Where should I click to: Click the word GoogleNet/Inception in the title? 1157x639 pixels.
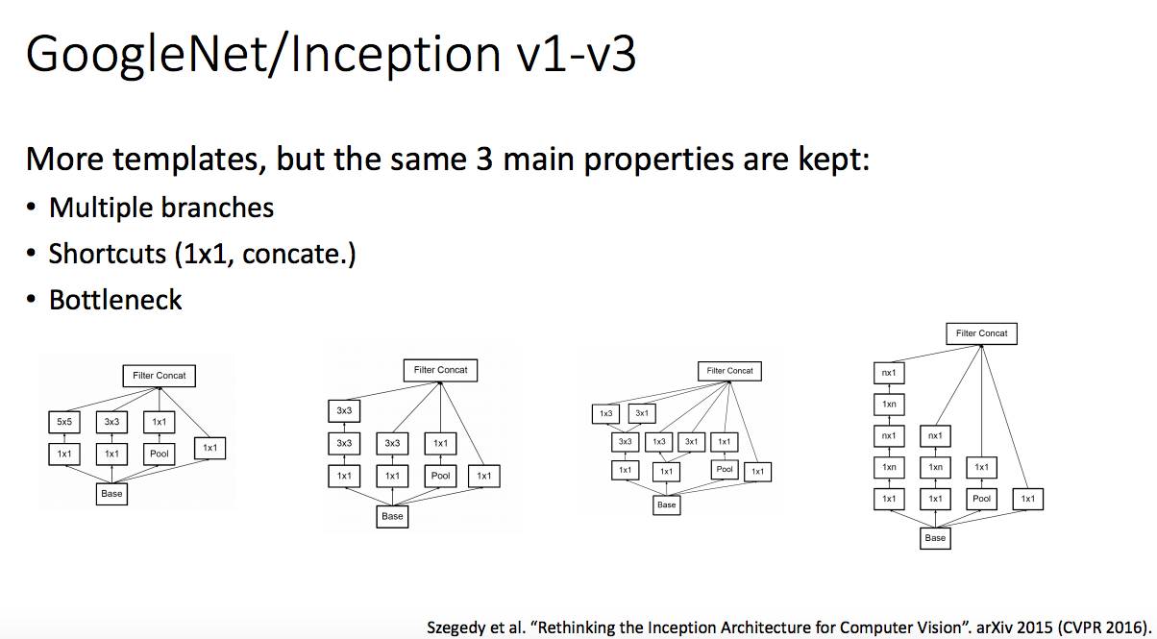click(259, 55)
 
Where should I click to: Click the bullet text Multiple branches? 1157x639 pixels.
click(161, 208)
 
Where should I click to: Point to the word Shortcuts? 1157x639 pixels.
click(108, 254)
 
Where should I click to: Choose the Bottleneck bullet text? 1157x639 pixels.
click(115, 300)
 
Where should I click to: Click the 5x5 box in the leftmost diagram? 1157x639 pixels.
click(63, 421)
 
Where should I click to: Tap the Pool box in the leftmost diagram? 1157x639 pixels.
click(160, 453)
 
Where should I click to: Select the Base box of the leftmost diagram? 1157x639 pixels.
click(111, 494)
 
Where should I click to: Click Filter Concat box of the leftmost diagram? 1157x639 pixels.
click(160, 375)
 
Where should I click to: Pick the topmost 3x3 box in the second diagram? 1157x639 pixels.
click(344, 410)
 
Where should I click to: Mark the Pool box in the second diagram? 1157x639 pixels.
click(440, 476)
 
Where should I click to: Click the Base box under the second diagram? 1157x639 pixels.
click(392, 516)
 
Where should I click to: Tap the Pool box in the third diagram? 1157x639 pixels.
click(725, 469)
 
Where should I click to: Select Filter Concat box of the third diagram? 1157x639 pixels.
click(729, 371)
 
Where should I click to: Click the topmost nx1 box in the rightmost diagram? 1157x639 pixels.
click(889, 372)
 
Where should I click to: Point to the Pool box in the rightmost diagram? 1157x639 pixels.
click(981, 499)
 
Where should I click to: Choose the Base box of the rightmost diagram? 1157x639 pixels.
click(935, 538)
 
